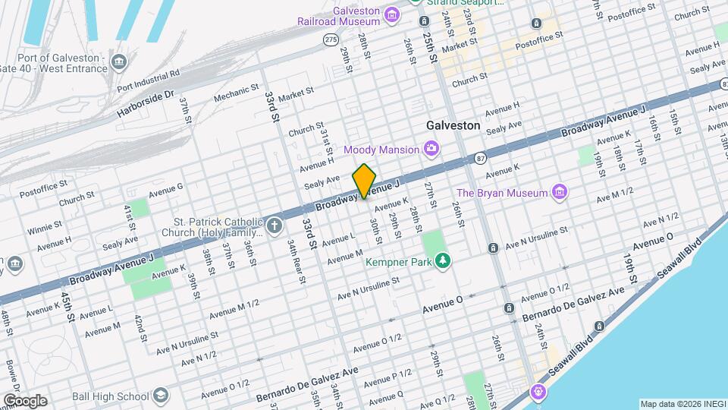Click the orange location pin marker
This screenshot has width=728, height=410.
point(364,181)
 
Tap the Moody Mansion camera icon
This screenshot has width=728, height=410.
point(431,147)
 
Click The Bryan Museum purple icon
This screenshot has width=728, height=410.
point(559,193)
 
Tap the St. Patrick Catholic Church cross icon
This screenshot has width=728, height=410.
point(273,225)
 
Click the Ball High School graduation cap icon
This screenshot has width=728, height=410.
point(161,396)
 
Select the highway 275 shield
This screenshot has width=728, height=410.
point(330,39)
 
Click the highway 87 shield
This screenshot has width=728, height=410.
point(481,158)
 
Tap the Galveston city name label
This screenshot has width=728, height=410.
point(453,125)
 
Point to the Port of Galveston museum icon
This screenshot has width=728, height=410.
point(118,61)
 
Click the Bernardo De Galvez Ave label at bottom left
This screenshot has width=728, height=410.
point(306,377)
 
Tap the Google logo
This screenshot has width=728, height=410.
point(24,400)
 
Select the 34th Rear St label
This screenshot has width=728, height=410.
point(295,261)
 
